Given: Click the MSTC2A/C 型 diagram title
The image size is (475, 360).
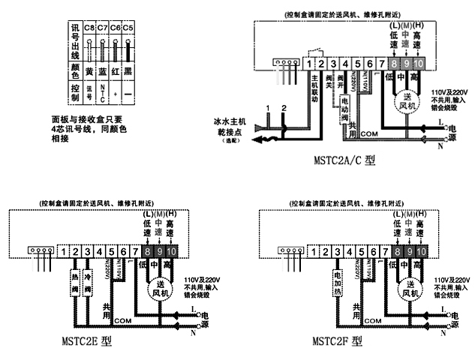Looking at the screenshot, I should (x=344, y=161).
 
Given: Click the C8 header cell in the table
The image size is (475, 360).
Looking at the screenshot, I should (x=89, y=28).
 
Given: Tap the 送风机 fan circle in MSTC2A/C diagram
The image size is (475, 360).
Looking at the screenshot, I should (x=405, y=100).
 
